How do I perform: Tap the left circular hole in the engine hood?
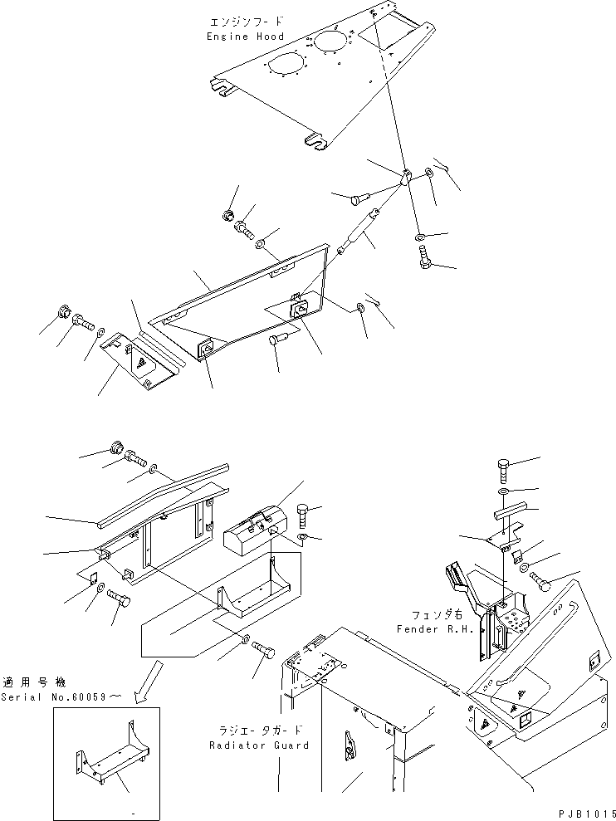click(281, 65)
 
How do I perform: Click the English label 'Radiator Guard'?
click(259, 745)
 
